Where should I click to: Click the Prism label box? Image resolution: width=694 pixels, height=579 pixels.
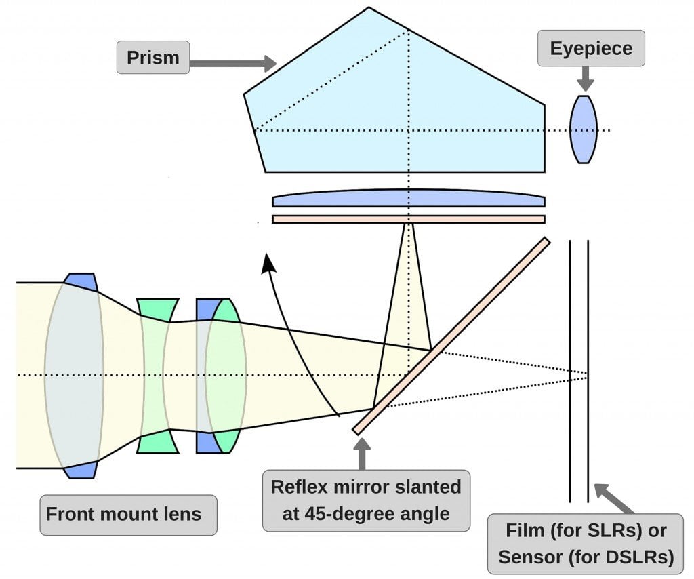click(153, 58)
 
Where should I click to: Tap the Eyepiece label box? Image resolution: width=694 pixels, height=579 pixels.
click(591, 49)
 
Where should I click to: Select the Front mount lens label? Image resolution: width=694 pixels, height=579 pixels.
click(123, 513)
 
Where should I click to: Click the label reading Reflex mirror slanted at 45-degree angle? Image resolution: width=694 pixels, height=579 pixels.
click(366, 500)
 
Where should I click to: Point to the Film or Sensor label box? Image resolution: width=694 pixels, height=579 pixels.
click(586, 544)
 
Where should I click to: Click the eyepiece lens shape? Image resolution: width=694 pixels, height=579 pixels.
click(584, 129)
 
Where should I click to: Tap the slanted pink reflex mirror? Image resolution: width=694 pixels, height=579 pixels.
click(451, 336)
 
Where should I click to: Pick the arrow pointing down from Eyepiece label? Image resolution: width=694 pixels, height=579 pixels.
click(586, 78)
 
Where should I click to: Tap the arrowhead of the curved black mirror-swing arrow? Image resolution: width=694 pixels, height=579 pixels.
click(268, 263)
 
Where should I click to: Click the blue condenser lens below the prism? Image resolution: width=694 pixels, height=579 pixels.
click(408, 199)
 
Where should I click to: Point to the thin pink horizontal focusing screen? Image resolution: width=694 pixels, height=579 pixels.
click(408, 219)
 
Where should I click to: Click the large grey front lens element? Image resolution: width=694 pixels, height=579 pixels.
click(75, 375)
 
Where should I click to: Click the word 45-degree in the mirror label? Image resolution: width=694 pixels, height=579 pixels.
click(340, 513)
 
